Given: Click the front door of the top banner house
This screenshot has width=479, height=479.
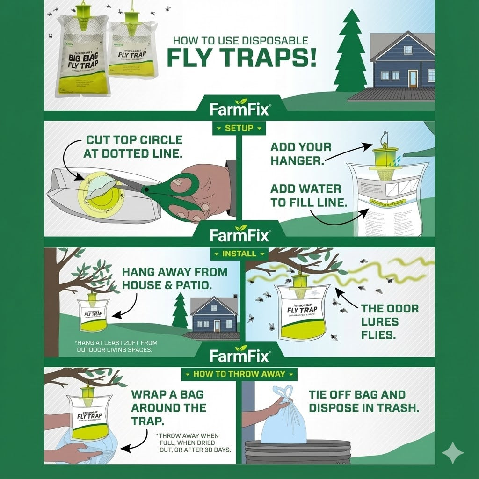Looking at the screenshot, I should (413, 78).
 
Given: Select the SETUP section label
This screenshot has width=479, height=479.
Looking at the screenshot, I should (239, 128).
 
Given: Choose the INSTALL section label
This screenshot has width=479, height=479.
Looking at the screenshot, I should (239, 254).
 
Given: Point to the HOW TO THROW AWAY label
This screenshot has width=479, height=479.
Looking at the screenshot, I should (239, 374).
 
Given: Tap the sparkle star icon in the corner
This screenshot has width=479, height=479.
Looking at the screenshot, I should (452, 452).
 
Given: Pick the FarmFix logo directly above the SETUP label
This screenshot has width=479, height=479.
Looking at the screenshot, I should (239, 109).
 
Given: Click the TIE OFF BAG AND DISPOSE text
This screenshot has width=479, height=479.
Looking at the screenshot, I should (363, 401).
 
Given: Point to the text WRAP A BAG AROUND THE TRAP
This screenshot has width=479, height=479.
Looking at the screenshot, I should (168, 407).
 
